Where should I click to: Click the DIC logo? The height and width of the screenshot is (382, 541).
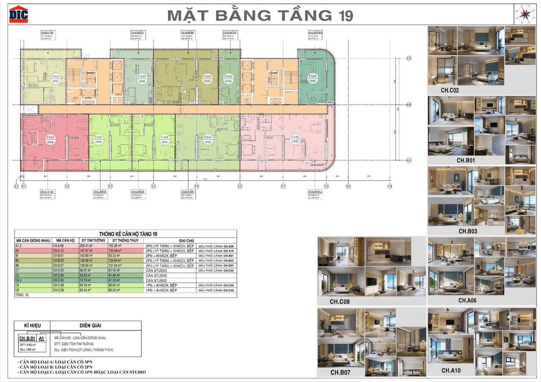(x=19, y=14)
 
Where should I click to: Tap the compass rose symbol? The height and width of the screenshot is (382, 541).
(x=523, y=14)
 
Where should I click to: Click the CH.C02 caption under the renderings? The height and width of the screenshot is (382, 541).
(x=450, y=90)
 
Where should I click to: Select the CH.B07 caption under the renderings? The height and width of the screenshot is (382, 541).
(x=340, y=372)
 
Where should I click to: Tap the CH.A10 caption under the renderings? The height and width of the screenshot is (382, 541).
(x=451, y=370)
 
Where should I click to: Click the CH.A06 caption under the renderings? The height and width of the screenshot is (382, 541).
(x=467, y=300)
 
